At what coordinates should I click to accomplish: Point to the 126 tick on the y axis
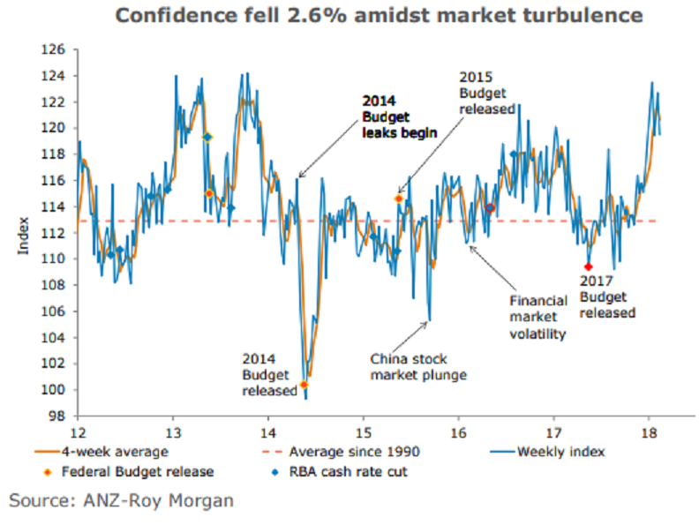pyautogui.click(x=56, y=50)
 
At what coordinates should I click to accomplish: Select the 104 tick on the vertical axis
pyautogui.click(x=56, y=337)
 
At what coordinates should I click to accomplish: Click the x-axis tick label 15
pyautogui.click(x=363, y=432)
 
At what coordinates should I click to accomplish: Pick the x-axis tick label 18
pyautogui.click(x=649, y=432)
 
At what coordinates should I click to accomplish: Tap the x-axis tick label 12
pyautogui.click(x=78, y=432)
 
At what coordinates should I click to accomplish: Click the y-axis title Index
pyautogui.click(x=23, y=240)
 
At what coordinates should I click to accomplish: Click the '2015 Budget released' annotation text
pyautogui.click(x=486, y=93)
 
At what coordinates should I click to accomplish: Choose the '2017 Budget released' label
pyautogui.click(x=607, y=296)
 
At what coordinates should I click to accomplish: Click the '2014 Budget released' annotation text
pyautogui.click(x=271, y=374)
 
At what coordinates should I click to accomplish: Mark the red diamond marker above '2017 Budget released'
pyautogui.click(x=589, y=266)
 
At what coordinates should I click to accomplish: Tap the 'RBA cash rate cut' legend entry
pyautogui.click(x=332, y=471)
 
